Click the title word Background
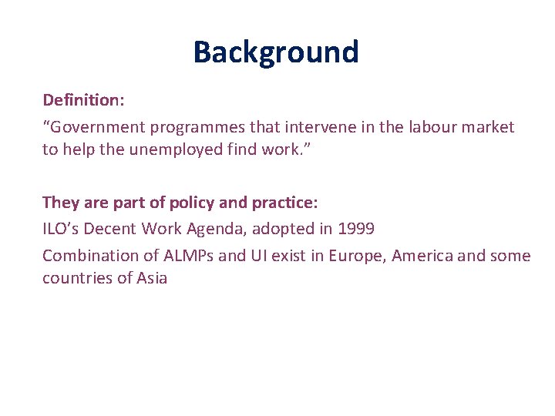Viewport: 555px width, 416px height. pos(276,52)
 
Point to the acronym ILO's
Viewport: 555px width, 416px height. pos(62,229)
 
